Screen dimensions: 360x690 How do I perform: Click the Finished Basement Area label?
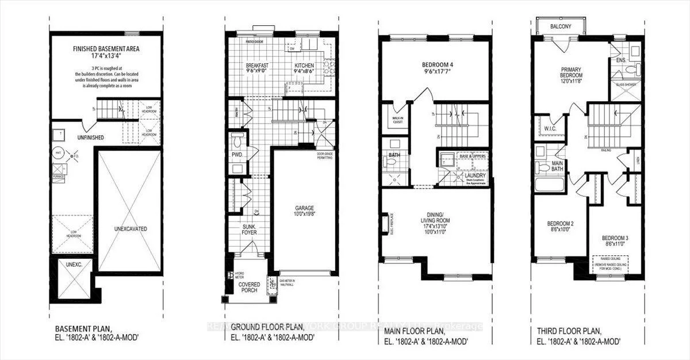(106, 49)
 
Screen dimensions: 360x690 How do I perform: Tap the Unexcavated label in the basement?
(129, 229)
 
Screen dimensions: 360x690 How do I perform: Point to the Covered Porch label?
(249, 288)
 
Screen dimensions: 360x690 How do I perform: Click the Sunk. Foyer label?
(249, 231)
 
